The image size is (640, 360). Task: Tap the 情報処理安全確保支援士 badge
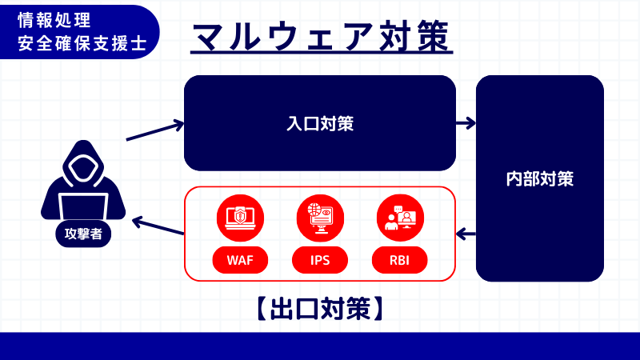[81, 31]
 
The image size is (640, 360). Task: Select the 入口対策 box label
[320, 124]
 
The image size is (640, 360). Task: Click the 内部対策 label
[540, 178]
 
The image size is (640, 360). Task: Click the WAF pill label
[240, 260]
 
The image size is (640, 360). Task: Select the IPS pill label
[320, 260]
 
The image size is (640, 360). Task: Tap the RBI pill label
[400, 260]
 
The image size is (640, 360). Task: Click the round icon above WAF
[240, 217]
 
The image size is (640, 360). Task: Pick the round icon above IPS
[320, 217]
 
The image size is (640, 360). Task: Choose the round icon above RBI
[400, 217]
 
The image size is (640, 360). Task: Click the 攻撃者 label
[84, 234]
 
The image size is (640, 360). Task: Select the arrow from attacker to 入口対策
[155, 132]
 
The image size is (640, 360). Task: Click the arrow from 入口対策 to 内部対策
[466, 123]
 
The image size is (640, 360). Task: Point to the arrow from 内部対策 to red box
[466, 234]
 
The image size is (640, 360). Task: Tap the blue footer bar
[320, 346]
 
